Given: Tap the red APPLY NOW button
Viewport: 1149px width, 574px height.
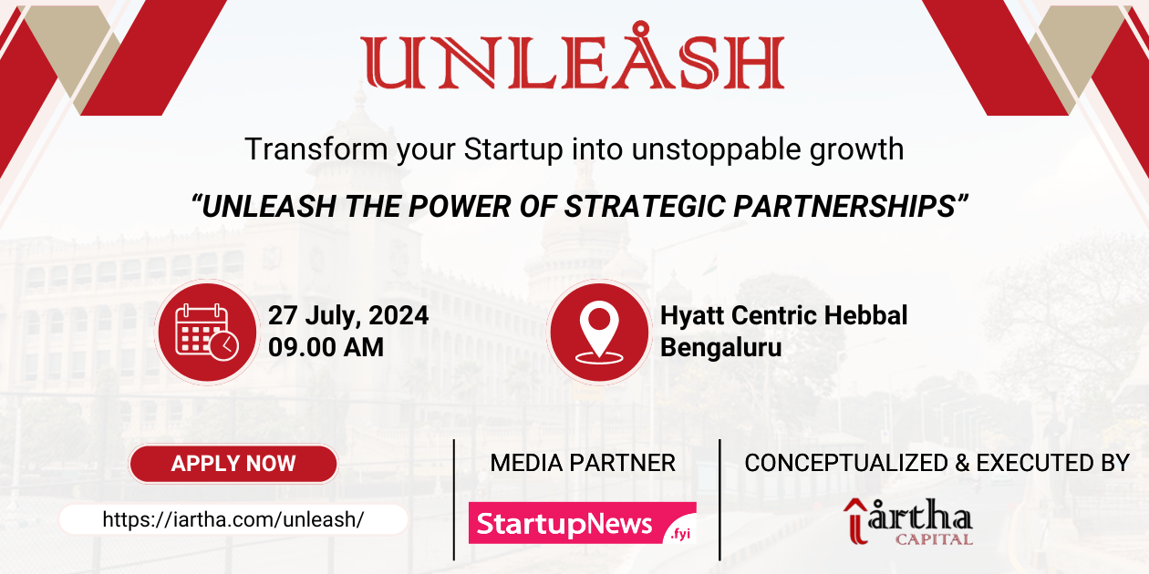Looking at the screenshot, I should pos(233,463).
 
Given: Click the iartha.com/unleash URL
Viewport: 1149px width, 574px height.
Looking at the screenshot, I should pos(233,519).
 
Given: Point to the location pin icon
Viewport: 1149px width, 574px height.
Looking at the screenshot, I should pos(598,331).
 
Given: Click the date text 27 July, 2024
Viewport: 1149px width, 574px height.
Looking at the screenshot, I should pos(348,316).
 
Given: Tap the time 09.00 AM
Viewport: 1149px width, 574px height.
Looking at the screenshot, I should pos(326,347).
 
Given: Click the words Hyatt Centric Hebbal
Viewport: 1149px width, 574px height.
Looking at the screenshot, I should pos(783,316).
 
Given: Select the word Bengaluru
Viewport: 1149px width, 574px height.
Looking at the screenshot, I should pos(720,347).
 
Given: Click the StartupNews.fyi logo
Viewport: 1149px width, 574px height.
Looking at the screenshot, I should pos(582,524).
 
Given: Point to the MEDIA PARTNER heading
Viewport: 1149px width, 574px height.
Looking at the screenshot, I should pos(583,463).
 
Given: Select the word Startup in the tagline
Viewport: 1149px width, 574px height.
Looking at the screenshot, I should pos(513,149).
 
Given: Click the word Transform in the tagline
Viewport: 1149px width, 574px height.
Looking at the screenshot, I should pos(316,149).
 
